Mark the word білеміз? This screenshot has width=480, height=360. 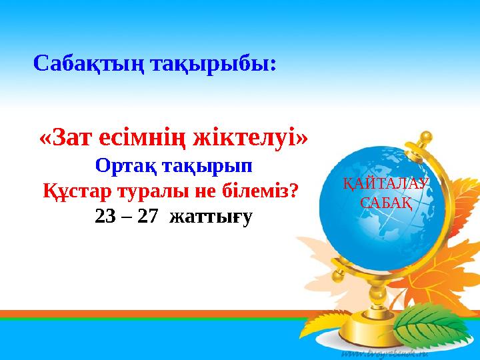click(260, 191)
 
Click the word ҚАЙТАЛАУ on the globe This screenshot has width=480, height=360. click(386, 184)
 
